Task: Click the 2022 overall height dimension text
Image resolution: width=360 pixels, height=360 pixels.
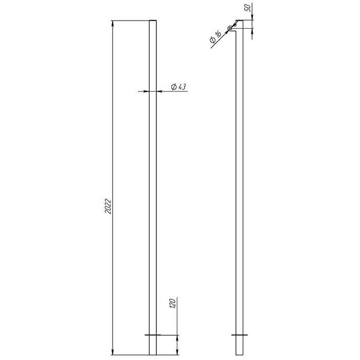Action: (108, 207)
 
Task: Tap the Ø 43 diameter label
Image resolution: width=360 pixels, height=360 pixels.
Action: (178, 87)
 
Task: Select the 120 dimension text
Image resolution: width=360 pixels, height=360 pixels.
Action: (173, 303)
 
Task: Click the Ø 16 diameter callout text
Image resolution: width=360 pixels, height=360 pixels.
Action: (215, 37)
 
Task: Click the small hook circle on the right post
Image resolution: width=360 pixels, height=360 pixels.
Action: (230, 28)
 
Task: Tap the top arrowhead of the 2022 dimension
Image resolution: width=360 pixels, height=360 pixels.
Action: (112, 24)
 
